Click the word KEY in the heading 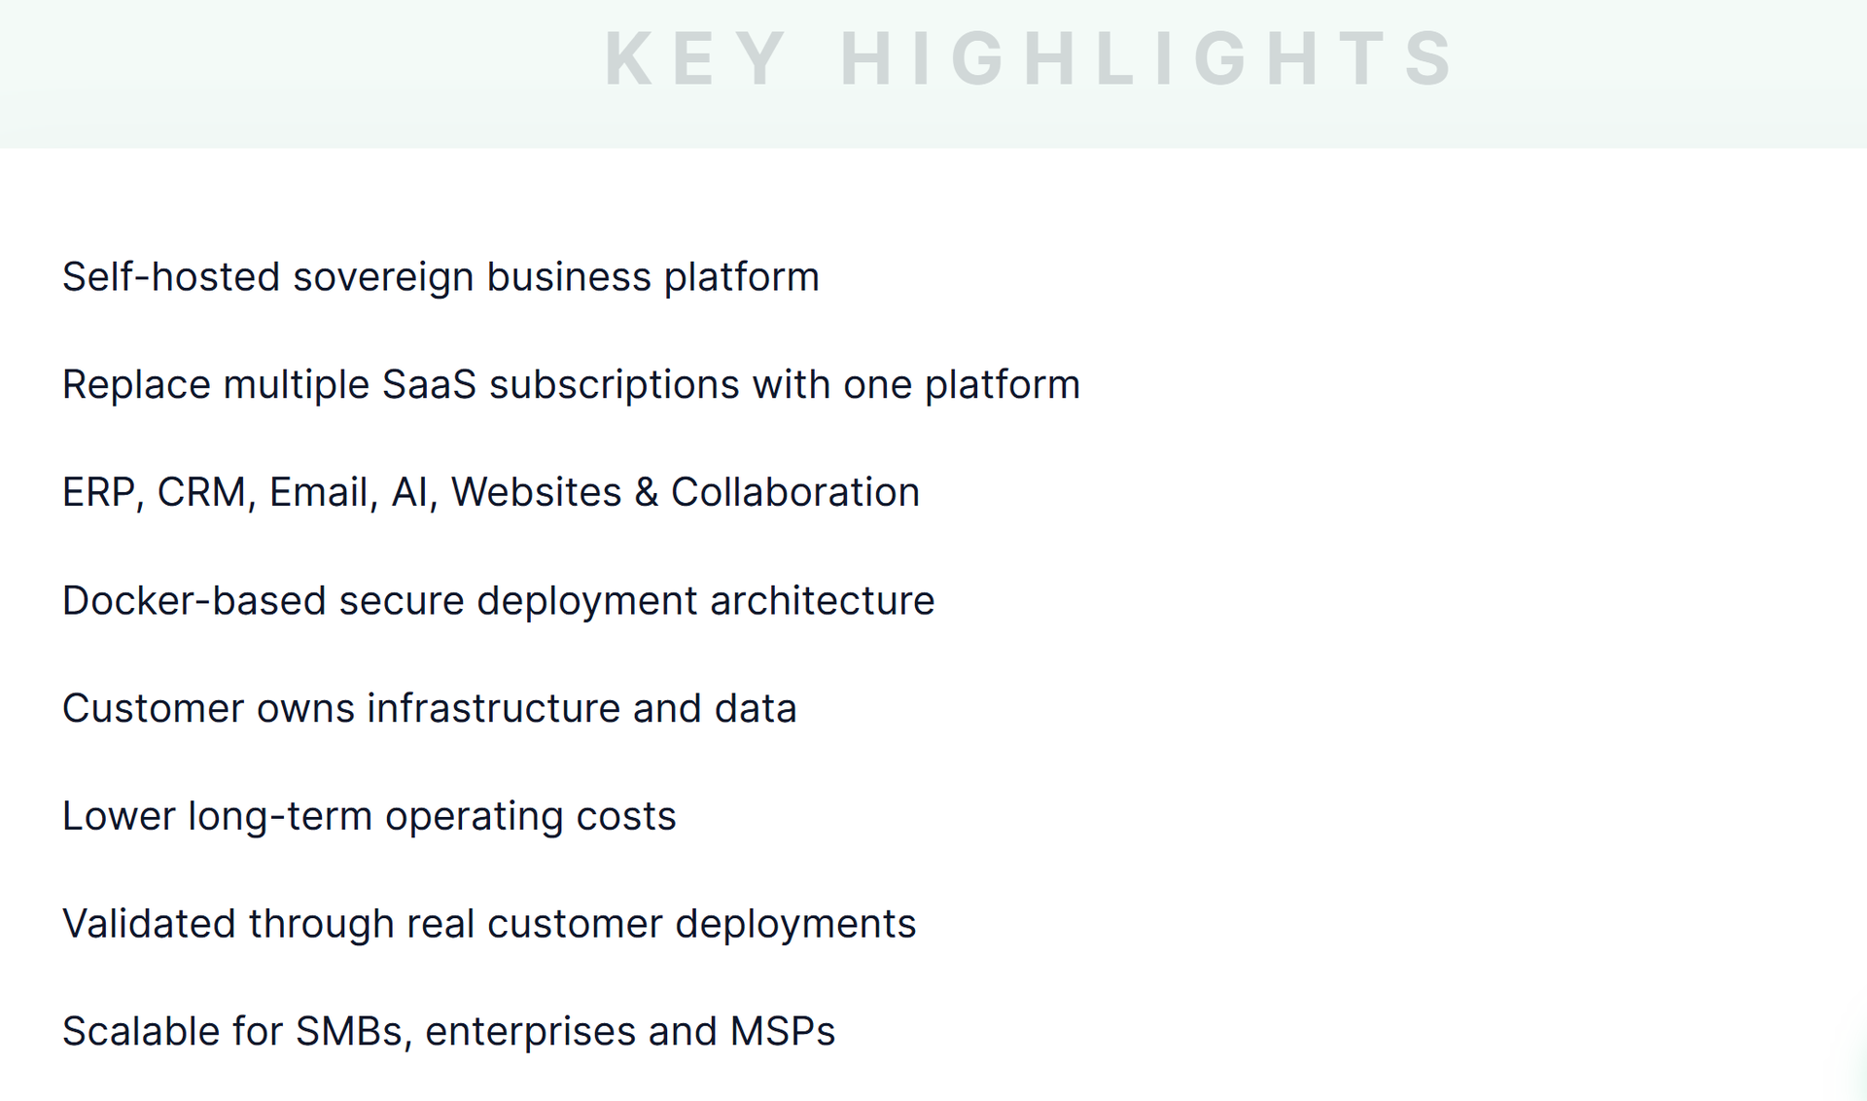pyautogui.click(x=695, y=58)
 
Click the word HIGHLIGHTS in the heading pyautogui.click(x=1147, y=58)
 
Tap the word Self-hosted pyautogui.click(x=172, y=277)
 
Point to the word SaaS pyautogui.click(x=429, y=385)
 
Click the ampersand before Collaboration pyautogui.click(x=646, y=493)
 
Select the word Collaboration pyautogui.click(x=795, y=493)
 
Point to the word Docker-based pyautogui.click(x=194, y=601)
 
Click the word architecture pyautogui.click(x=823, y=601)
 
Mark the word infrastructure pyautogui.click(x=493, y=708)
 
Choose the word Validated pyautogui.click(x=150, y=924)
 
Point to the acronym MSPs pyautogui.click(x=783, y=1032)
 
